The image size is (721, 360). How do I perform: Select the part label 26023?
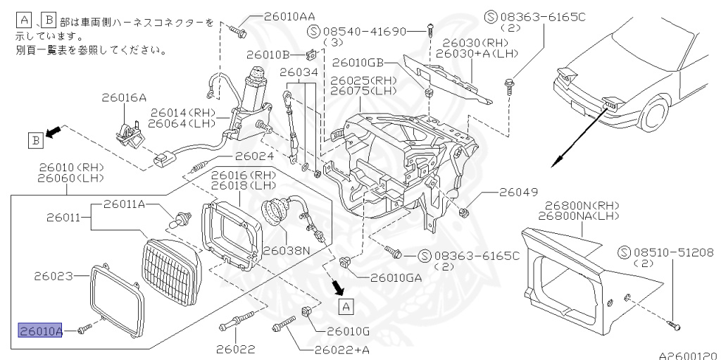(x=54, y=277)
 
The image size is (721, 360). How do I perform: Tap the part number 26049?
(x=519, y=192)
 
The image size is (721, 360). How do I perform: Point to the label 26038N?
(x=287, y=249)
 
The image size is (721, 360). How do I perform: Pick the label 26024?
(x=254, y=156)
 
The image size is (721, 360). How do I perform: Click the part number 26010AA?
(x=290, y=15)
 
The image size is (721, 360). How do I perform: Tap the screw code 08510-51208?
(x=665, y=252)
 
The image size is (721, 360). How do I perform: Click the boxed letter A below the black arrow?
(x=345, y=306)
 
